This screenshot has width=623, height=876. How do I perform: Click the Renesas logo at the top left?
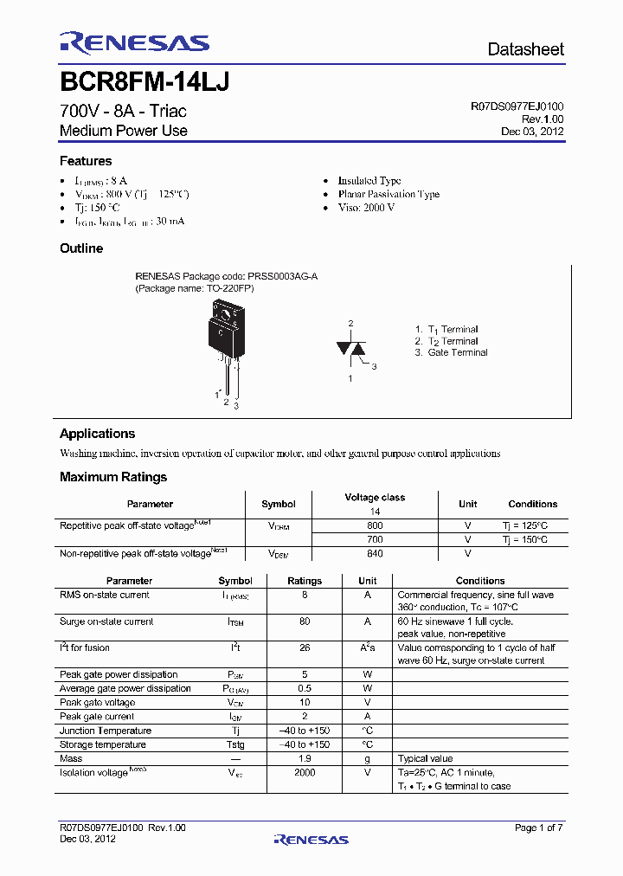pyautogui.click(x=134, y=42)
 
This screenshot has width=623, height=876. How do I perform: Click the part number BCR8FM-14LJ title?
pyautogui.click(x=144, y=83)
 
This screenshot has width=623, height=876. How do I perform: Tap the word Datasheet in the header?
pyautogui.click(x=525, y=49)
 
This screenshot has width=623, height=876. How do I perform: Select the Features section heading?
pyautogui.click(x=86, y=161)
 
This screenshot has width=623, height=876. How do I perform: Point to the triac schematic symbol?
pyautogui.click(x=351, y=349)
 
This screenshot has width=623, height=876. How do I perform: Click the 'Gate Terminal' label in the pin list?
pyautogui.click(x=457, y=353)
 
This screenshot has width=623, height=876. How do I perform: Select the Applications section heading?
pyautogui.click(x=97, y=434)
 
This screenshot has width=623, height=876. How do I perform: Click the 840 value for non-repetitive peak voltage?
pyautogui.click(x=375, y=553)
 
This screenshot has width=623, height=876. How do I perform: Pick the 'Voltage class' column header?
pyautogui.click(x=375, y=498)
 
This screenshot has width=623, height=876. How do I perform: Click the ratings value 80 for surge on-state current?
pyautogui.click(x=305, y=622)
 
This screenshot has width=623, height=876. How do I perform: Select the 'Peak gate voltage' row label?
pyautogui.click(x=97, y=703)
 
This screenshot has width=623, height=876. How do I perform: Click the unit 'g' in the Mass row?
pyautogui.click(x=367, y=758)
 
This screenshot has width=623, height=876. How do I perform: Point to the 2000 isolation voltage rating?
pyautogui.click(x=305, y=772)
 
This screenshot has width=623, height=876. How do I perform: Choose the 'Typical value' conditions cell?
pyautogui.click(x=425, y=758)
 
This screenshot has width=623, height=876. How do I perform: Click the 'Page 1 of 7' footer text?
pyautogui.click(x=538, y=828)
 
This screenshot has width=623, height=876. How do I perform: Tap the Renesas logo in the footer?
pyautogui.click(x=311, y=839)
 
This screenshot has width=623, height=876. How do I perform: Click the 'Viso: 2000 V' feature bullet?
pyautogui.click(x=366, y=208)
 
